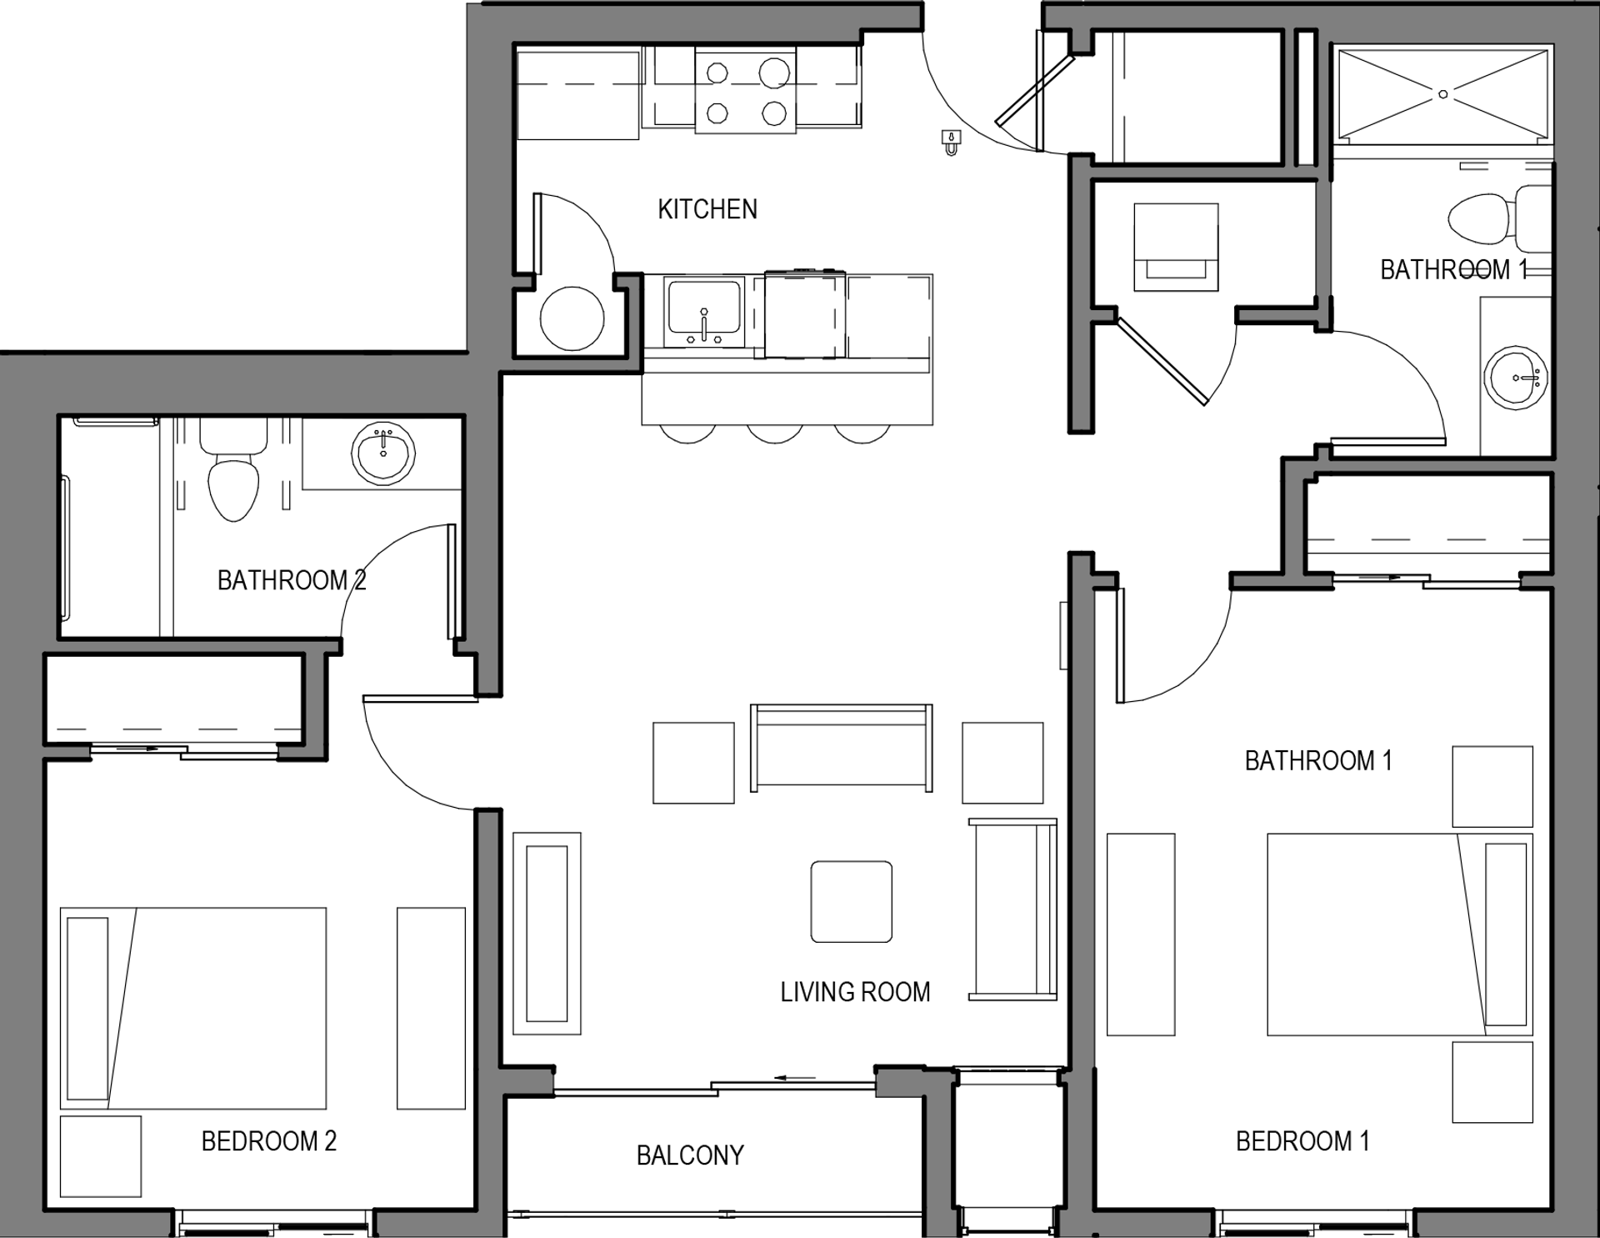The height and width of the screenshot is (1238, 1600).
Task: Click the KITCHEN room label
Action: tap(707, 208)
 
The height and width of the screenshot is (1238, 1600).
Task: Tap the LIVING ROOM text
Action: tap(855, 992)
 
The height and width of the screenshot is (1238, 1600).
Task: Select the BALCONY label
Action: tap(690, 1155)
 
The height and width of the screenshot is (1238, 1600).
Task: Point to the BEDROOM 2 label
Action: tap(269, 1140)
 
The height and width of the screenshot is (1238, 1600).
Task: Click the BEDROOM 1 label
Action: tap(1302, 1140)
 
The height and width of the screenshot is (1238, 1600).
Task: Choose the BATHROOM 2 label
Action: tap(292, 579)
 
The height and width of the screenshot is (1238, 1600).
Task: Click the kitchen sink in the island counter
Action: tap(704, 313)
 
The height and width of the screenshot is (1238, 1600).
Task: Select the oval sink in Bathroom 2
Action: tap(383, 454)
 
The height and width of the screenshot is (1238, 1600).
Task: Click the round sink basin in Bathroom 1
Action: tap(1516, 379)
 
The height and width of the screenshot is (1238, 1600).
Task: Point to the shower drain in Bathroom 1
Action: tap(1443, 94)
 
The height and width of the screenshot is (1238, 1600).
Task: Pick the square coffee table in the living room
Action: tap(852, 902)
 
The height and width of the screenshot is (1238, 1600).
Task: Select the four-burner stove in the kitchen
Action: tap(746, 90)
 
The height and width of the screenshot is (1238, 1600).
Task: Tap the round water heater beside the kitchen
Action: tap(572, 318)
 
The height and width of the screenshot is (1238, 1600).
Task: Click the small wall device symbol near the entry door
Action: tap(951, 143)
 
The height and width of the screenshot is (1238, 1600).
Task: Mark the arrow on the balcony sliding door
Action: tap(795, 1078)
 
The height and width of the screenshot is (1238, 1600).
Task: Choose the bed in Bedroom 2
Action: tap(193, 1009)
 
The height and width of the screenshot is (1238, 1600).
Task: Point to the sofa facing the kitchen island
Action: tap(842, 748)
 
